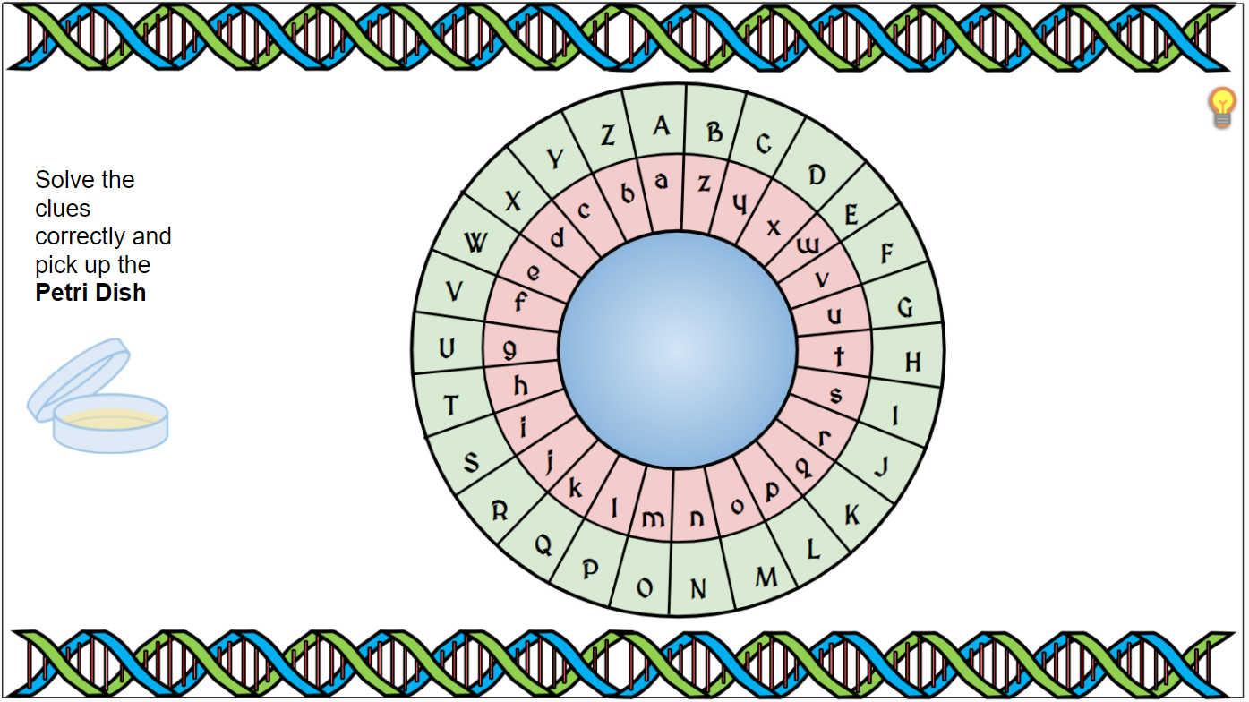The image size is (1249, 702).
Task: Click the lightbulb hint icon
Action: (x=1221, y=107)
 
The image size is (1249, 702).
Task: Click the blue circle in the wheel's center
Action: (x=678, y=349)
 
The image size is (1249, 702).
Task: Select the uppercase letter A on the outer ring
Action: (x=661, y=126)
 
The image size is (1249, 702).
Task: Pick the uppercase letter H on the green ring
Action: (x=912, y=362)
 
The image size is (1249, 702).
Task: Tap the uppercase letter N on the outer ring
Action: (x=698, y=588)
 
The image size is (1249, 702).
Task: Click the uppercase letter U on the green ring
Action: (x=447, y=348)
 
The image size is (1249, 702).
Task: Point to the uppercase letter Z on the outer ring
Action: (x=608, y=135)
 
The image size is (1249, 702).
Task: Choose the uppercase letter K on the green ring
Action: (x=851, y=515)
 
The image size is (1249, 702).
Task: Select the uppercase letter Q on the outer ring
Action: (x=543, y=544)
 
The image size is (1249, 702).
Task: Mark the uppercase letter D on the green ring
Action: (x=816, y=175)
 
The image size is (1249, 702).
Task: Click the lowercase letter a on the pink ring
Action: (x=661, y=180)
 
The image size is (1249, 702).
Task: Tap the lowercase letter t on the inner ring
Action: (x=839, y=356)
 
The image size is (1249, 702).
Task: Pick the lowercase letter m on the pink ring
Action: (x=654, y=518)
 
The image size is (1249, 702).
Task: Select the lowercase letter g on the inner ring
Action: (x=509, y=350)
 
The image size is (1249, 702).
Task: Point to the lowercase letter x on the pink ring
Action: (x=774, y=227)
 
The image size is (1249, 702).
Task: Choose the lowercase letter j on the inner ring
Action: (x=550, y=460)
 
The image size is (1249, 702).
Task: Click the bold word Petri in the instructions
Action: (x=64, y=293)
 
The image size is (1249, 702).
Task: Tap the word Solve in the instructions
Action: (x=65, y=180)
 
